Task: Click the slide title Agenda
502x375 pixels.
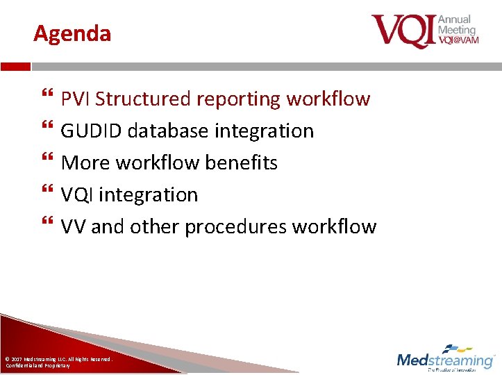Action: point(72,33)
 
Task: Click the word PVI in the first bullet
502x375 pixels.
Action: point(76,99)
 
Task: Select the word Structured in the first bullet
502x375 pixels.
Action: point(144,99)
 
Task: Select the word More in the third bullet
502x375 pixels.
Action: point(85,163)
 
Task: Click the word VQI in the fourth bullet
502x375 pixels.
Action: point(77,195)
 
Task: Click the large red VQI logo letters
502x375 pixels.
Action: point(403,31)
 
